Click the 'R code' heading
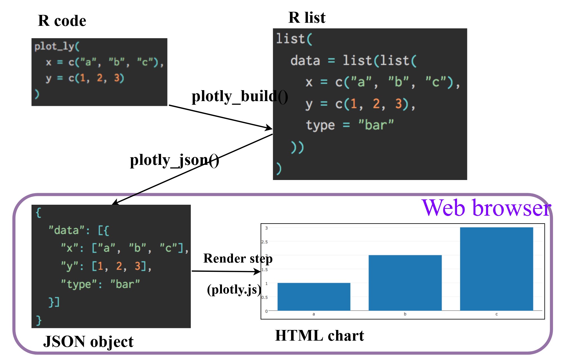point(62,21)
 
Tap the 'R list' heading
point(307,17)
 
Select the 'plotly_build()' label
point(239,96)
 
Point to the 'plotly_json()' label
point(174,160)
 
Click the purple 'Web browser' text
point(486,208)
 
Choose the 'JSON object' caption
point(88,342)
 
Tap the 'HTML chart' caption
point(319,336)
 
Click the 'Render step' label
point(238,258)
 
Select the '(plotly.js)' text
point(234,289)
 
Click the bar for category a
point(314,297)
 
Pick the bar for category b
point(405,282)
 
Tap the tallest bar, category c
point(496,269)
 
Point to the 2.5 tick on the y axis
point(265,242)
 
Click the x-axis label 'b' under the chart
point(405,314)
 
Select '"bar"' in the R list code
point(376,125)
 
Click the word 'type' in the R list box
point(320,125)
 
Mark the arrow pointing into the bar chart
point(226,271)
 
